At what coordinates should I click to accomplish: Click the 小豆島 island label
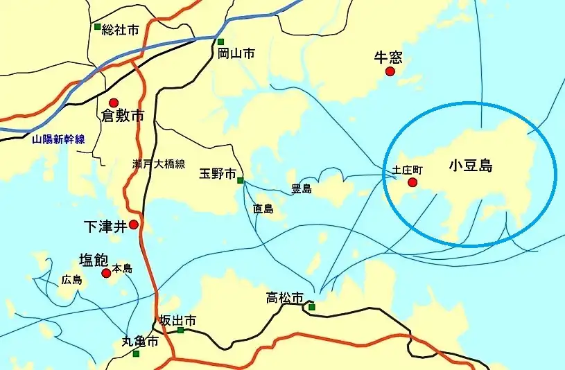point(470,166)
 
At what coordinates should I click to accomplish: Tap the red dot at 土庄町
point(412,183)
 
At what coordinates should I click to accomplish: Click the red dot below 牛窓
point(390,71)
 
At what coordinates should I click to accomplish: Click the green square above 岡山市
point(220,42)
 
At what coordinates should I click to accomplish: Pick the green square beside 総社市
point(98,27)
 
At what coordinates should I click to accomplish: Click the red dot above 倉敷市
point(114,103)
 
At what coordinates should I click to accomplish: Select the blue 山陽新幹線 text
point(58,139)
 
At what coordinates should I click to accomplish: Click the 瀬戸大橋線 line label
point(159,164)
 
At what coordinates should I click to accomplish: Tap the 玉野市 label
point(218,173)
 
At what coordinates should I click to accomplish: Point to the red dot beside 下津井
point(134,224)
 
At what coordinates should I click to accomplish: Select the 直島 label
point(263,208)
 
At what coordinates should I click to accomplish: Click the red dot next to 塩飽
point(106,273)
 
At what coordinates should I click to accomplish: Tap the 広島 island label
point(71,280)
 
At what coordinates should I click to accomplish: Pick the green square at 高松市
point(311,307)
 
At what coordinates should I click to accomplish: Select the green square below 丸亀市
point(136,353)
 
